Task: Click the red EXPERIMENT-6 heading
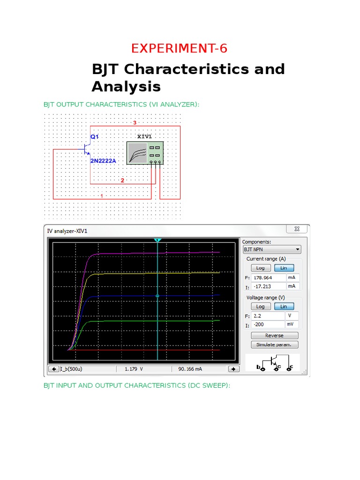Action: [180, 48]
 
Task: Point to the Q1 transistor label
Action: [95, 136]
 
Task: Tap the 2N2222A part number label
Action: [103, 161]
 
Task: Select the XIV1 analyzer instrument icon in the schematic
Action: [145, 153]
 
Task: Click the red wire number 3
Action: [135, 123]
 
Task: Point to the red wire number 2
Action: [122, 180]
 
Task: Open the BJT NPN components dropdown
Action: [271, 250]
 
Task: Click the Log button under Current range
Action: [260, 268]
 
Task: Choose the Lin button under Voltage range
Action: [284, 307]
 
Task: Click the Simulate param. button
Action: [274, 345]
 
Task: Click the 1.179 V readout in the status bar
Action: [134, 369]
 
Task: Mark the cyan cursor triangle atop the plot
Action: [157, 240]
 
